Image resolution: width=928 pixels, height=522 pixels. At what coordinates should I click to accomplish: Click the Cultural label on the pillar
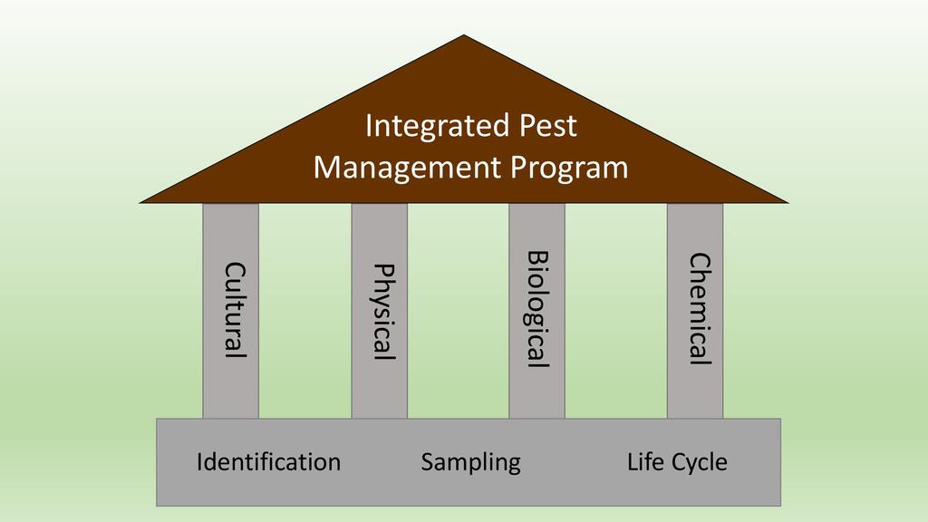click(x=235, y=310)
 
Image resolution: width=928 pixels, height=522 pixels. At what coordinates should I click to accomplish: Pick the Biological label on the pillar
click(x=538, y=309)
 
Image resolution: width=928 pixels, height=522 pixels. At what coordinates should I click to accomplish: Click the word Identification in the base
click(x=268, y=462)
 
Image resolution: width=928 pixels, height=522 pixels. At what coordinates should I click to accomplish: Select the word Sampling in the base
click(x=470, y=462)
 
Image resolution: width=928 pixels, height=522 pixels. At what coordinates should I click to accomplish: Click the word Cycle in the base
click(x=698, y=462)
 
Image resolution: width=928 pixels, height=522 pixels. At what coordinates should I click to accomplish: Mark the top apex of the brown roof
click(x=464, y=36)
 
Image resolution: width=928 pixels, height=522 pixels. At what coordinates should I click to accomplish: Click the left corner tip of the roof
click(x=142, y=200)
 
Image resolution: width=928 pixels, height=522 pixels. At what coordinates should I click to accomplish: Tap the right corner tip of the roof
click(x=786, y=200)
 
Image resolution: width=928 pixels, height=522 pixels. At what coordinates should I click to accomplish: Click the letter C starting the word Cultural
click(x=235, y=270)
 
